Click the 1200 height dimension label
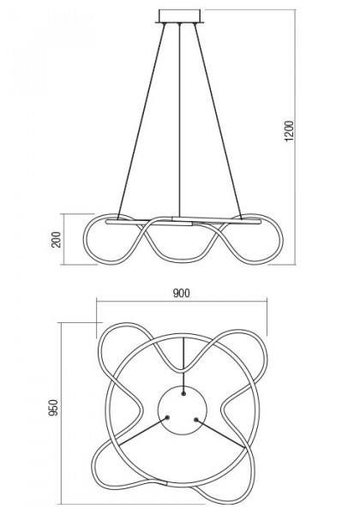pyautogui.click(x=289, y=131)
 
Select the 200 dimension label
pyautogui.click(x=57, y=239)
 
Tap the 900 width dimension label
pyautogui.click(x=182, y=293)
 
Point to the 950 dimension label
pyautogui.click(x=53, y=408)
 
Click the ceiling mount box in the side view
pyautogui.click(x=180, y=16)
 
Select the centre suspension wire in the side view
pyautogui.click(x=180, y=120)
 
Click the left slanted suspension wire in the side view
pyautogui.click(x=141, y=122)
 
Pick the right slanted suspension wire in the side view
pyautogui.click(x=218, y=122)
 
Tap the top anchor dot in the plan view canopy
pyautogui.click(x=183, y=393)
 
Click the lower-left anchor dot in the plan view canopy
pyautogui.click(x=167, y=418)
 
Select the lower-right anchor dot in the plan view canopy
pyautogui.click(x=196, y=420)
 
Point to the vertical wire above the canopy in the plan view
pyautogui.click(x=183, y=365)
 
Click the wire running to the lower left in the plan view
pyautogui.click(x=142, y=432)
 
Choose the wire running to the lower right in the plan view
pyautogui.click(x=221, y=433)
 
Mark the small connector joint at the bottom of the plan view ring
pyautogui.click(x=166, y=483)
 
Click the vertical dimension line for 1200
pyautogui.click(x=295, y=137)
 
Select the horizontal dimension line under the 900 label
pyautogui.click(x=182, y=302)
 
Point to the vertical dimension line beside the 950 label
pyautogui.click(x=62, y=413)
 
